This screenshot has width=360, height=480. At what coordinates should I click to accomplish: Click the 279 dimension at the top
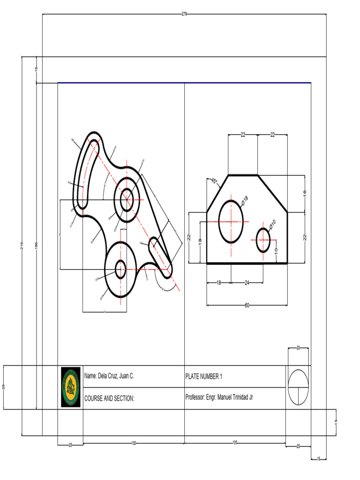click(x=184, y=14)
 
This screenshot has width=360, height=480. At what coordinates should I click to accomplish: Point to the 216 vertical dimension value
click(x=22, y=246)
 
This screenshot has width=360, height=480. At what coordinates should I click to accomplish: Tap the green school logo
click(x=71, y=387)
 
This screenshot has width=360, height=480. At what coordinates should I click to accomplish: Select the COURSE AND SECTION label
click(x=109, y=398)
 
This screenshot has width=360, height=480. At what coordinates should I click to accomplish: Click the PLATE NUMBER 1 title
click(x=204, y=376)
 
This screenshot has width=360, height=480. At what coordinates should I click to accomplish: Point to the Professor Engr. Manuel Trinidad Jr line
click(x=220, y=397)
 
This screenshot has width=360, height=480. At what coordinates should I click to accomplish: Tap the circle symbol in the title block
click(x=299, y=387)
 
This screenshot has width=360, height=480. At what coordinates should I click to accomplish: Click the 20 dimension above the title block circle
click(x=298, y=348)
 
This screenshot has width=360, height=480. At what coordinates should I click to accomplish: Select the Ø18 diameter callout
click(x=244, y=201)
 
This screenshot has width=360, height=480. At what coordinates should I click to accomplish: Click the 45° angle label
click(x=214, y=181)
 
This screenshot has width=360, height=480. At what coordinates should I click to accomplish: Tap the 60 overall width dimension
click(x=247, y=305)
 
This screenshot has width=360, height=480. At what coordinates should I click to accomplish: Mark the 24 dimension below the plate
click(x=247, y=282)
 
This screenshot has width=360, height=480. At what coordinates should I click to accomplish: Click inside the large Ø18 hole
click(x=231, y=221)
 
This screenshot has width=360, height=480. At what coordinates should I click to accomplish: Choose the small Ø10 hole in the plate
click(x=263, y=239)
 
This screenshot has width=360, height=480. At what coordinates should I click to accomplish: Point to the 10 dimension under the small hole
click(x=276, y=252)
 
